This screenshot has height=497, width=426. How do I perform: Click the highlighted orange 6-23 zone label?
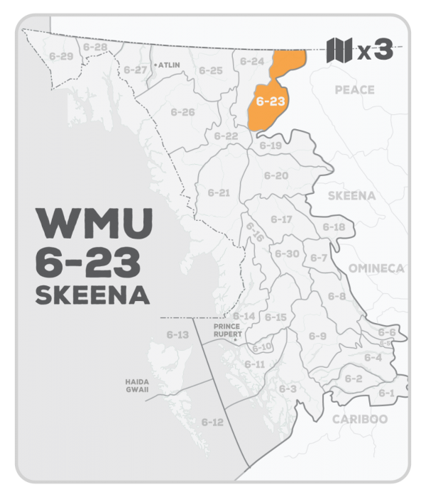(x=271, y=101)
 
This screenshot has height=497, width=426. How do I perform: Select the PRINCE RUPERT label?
(x=228, y=330)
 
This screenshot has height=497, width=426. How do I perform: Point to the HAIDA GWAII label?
(x=136, y=386)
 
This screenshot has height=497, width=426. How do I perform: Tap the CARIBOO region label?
(x=360, y=419)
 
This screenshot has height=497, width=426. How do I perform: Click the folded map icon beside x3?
(x=339, y=51)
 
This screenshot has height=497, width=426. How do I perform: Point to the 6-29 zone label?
(x=57, y=55)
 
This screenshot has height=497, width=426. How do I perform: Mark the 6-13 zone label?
(x=177, y=334)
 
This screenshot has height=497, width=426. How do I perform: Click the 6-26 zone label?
(x=182, y=112)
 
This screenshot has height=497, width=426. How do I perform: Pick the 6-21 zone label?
(x=219, y=192)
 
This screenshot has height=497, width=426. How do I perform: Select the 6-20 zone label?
(x=275, y=175)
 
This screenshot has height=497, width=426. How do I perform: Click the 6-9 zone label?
(x=317, y=336)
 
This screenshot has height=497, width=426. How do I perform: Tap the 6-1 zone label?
(x=386, y=393)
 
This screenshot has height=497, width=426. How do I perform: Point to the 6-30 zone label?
(x=287, y=253)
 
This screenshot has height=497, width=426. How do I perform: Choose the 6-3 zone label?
(x=287, y=388)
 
